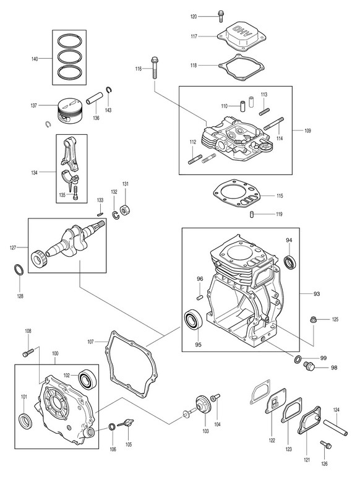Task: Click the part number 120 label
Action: point(194,17)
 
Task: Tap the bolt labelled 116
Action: point(155,67)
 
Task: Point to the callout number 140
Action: point(35,59)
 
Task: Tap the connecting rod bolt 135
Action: point(75,192)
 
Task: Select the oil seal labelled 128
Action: point(19,270)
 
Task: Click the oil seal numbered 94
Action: point(290,262)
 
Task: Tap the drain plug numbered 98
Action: point(307,367)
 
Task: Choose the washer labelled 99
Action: point(298,359)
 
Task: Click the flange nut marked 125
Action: point(314,320)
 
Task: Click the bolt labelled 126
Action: point(325,445)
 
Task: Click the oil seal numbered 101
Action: point(25,421)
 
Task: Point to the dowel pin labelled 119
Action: point(252,214)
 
